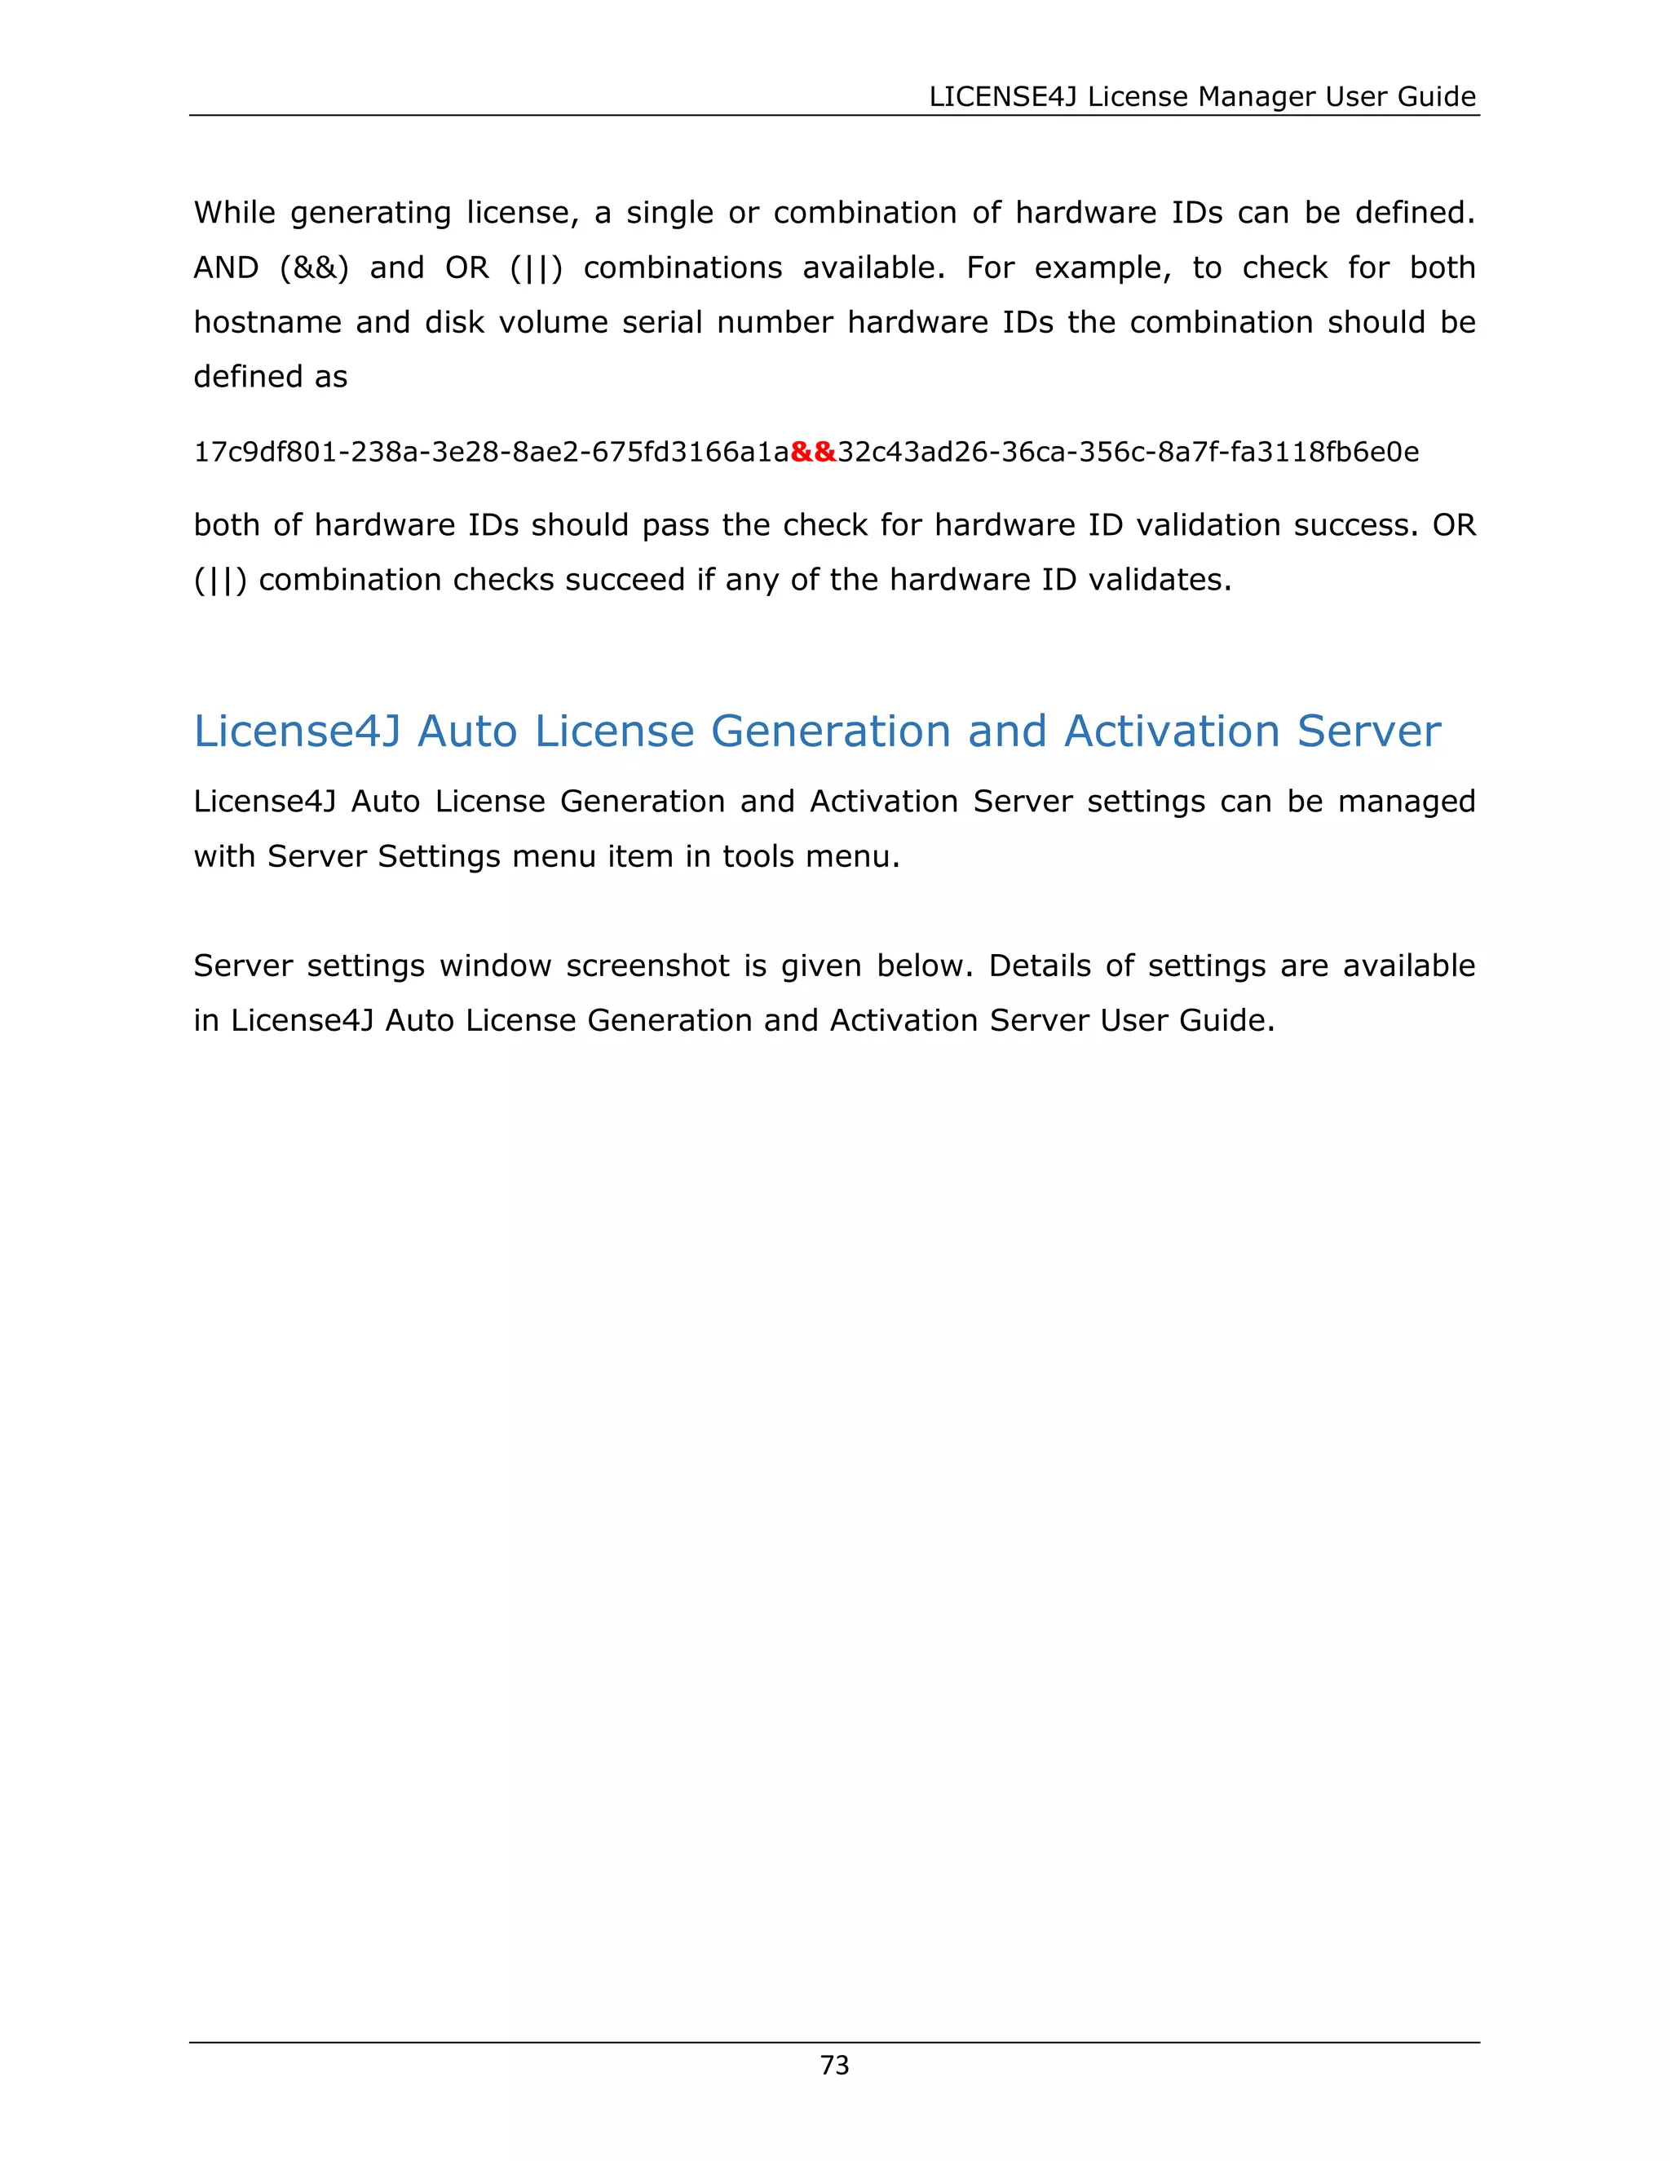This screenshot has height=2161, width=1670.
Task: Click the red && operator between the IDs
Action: (813, 453)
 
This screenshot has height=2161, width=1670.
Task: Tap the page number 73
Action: (834, 2065)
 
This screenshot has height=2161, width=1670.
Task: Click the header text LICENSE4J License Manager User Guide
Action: (1202, 96)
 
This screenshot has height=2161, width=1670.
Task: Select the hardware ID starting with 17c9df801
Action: (491, 453)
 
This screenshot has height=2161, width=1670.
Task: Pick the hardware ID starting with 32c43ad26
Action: (1128, 453)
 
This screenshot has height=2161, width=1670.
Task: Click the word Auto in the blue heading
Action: (467, 731)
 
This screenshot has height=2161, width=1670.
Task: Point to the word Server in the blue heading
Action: (1368, 731)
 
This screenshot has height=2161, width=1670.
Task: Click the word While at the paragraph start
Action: (235, 213)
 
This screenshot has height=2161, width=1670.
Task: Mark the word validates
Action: (1160, 580)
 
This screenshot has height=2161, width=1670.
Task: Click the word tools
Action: (758, 857)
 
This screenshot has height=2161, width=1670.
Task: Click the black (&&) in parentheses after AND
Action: (315, 268)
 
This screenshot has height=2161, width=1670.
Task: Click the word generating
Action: (371, 214)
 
